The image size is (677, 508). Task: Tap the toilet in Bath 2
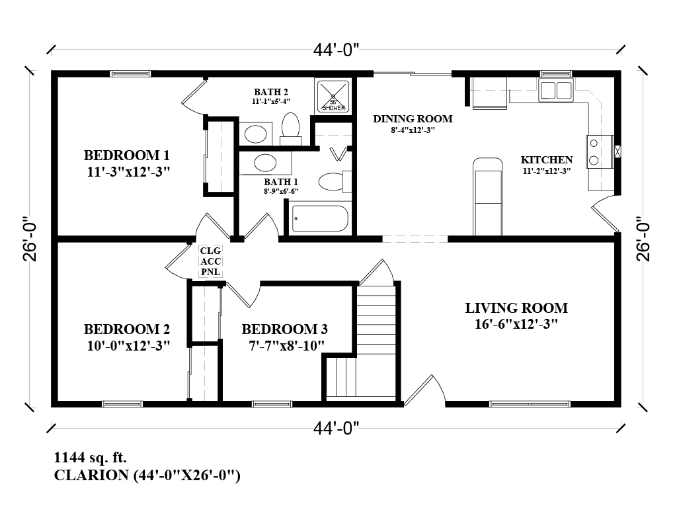click(x=290, y=127)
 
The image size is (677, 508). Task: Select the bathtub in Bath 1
click(x=320, y=218)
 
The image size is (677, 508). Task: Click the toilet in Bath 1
click(x=331, y=181)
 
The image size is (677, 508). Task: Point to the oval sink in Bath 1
click(x=266, y=163)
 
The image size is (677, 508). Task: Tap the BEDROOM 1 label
click(x=127, y=156)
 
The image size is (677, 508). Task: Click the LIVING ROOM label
click(x=516, y=308)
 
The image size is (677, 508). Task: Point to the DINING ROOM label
click(x=413, y=119)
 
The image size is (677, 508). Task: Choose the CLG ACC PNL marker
click(x=210, y=261)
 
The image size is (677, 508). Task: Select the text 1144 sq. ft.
click(x=90, y=457)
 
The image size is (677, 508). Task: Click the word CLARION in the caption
click(x=91, y=475)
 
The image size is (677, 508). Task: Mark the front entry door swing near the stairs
click(x=423, y=390)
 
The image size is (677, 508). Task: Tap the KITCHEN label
click(x=546, y=160)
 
